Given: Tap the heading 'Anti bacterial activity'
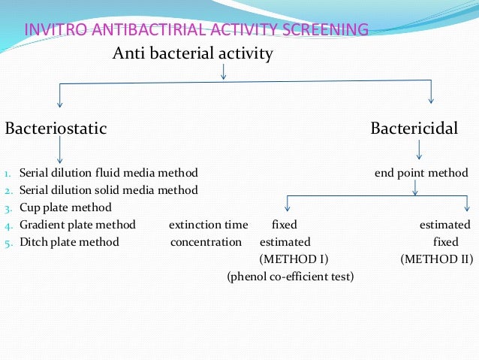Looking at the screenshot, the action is (x=192, y=54).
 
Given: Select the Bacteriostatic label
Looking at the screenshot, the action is (x=56, y=129).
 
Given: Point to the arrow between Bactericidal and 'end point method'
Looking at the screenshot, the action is (x=419, y=151).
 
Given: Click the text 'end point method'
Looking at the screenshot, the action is (x=421, y=173).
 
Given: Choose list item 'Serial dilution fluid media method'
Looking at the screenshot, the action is (x=109, y=173).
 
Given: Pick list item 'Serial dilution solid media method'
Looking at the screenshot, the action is (x=109, y=190).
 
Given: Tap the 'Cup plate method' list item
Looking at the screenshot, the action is (x=65, y=207).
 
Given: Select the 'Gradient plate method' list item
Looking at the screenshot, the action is (x=77, y=225).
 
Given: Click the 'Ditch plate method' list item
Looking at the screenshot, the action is (x=69, y=242).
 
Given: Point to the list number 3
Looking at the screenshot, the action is (x=7, y=208).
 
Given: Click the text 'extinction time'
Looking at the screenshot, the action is (x=208, y=225).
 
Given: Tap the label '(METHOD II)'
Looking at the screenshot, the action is (x=436, y=259).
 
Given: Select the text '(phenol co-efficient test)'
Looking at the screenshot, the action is (x=290, y=277).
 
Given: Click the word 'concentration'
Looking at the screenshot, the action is (x=206, y=242).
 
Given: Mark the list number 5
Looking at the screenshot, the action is (x=7, y=243).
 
